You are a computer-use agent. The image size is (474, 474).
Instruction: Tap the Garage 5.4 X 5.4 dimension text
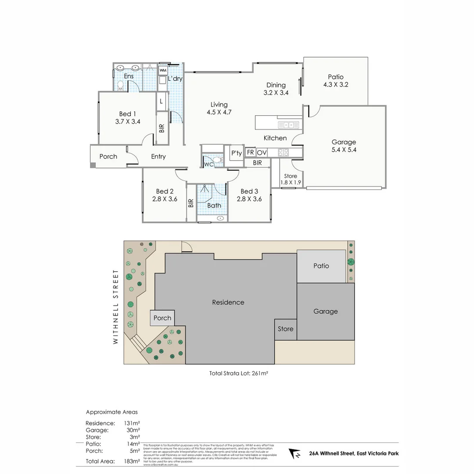(x=344, y=150)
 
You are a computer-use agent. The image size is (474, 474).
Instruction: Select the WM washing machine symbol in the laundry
(x=163, y=70)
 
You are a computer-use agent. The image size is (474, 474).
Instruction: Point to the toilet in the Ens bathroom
(x=121, y=86)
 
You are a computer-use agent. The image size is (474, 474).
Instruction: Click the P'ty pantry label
(x=236, y=153)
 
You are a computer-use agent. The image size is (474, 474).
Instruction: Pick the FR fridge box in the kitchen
(x=251, y=153)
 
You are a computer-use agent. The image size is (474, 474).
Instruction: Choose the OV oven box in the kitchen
(x=262, y=153)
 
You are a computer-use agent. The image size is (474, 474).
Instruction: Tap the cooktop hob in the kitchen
(x=283, y=153)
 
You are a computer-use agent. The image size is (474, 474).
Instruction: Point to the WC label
(x=208, y=165)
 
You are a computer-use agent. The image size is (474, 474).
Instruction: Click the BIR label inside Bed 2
(x=191, y=203)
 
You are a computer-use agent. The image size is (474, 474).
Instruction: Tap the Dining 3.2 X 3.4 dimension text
(x=276, y=93)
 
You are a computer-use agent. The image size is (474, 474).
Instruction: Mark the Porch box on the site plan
(x=162, y=318)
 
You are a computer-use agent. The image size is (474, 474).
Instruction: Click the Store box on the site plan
(x=285, y=329)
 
